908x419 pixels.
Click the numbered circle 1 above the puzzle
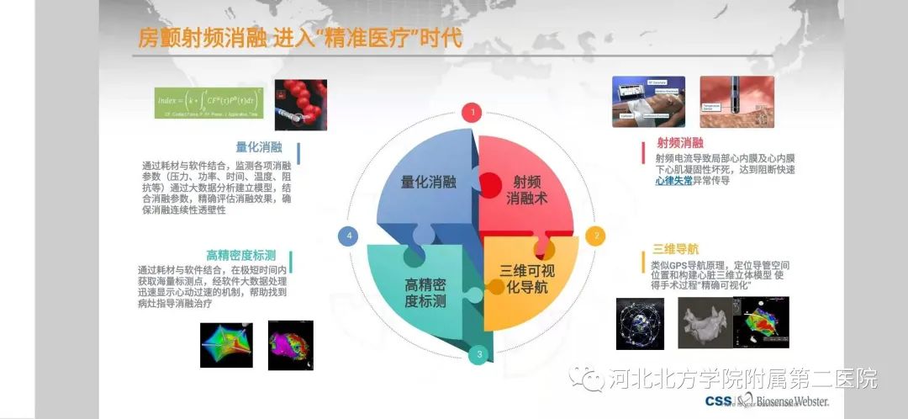pyautogui.click(x=473, y=111)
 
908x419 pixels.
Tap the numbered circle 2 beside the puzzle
pyautogui.click(x=597, y=236)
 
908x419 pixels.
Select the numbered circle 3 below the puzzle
pyautogui.click(x=479, y=354)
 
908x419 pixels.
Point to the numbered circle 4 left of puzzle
pyautogui.click(x=350, y=236)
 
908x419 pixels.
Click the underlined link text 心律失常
pyautogui.click(x=673, y=180)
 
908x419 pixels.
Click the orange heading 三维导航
pyautogui.click(x=673, y=250)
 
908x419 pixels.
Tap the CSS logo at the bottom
pyautogui.click(x=717, y=401)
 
